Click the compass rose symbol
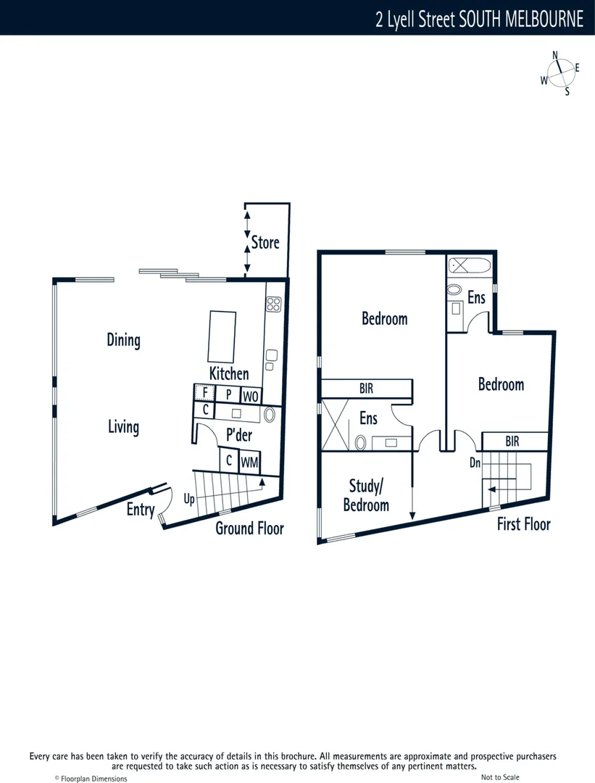coord(560,73)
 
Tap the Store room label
coord(265,242)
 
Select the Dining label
coord(123,339)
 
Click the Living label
coord(123,426)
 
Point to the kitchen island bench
coord(222,336)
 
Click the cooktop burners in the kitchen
coord(274,304)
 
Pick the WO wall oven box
coord(251,396)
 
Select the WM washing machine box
coord(249,462)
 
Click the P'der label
coord(239,435)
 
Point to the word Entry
coord(141,510)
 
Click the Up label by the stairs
coord(188,500)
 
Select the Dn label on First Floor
coord(475,462)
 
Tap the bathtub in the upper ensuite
coord(469,265)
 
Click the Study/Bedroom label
coord(366,495)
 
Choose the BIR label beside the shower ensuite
coord(367,389)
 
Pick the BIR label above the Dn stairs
coord(512,440)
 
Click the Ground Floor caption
coord(249,528)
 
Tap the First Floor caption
coord(523,524)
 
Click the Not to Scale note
coord(500,777)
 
